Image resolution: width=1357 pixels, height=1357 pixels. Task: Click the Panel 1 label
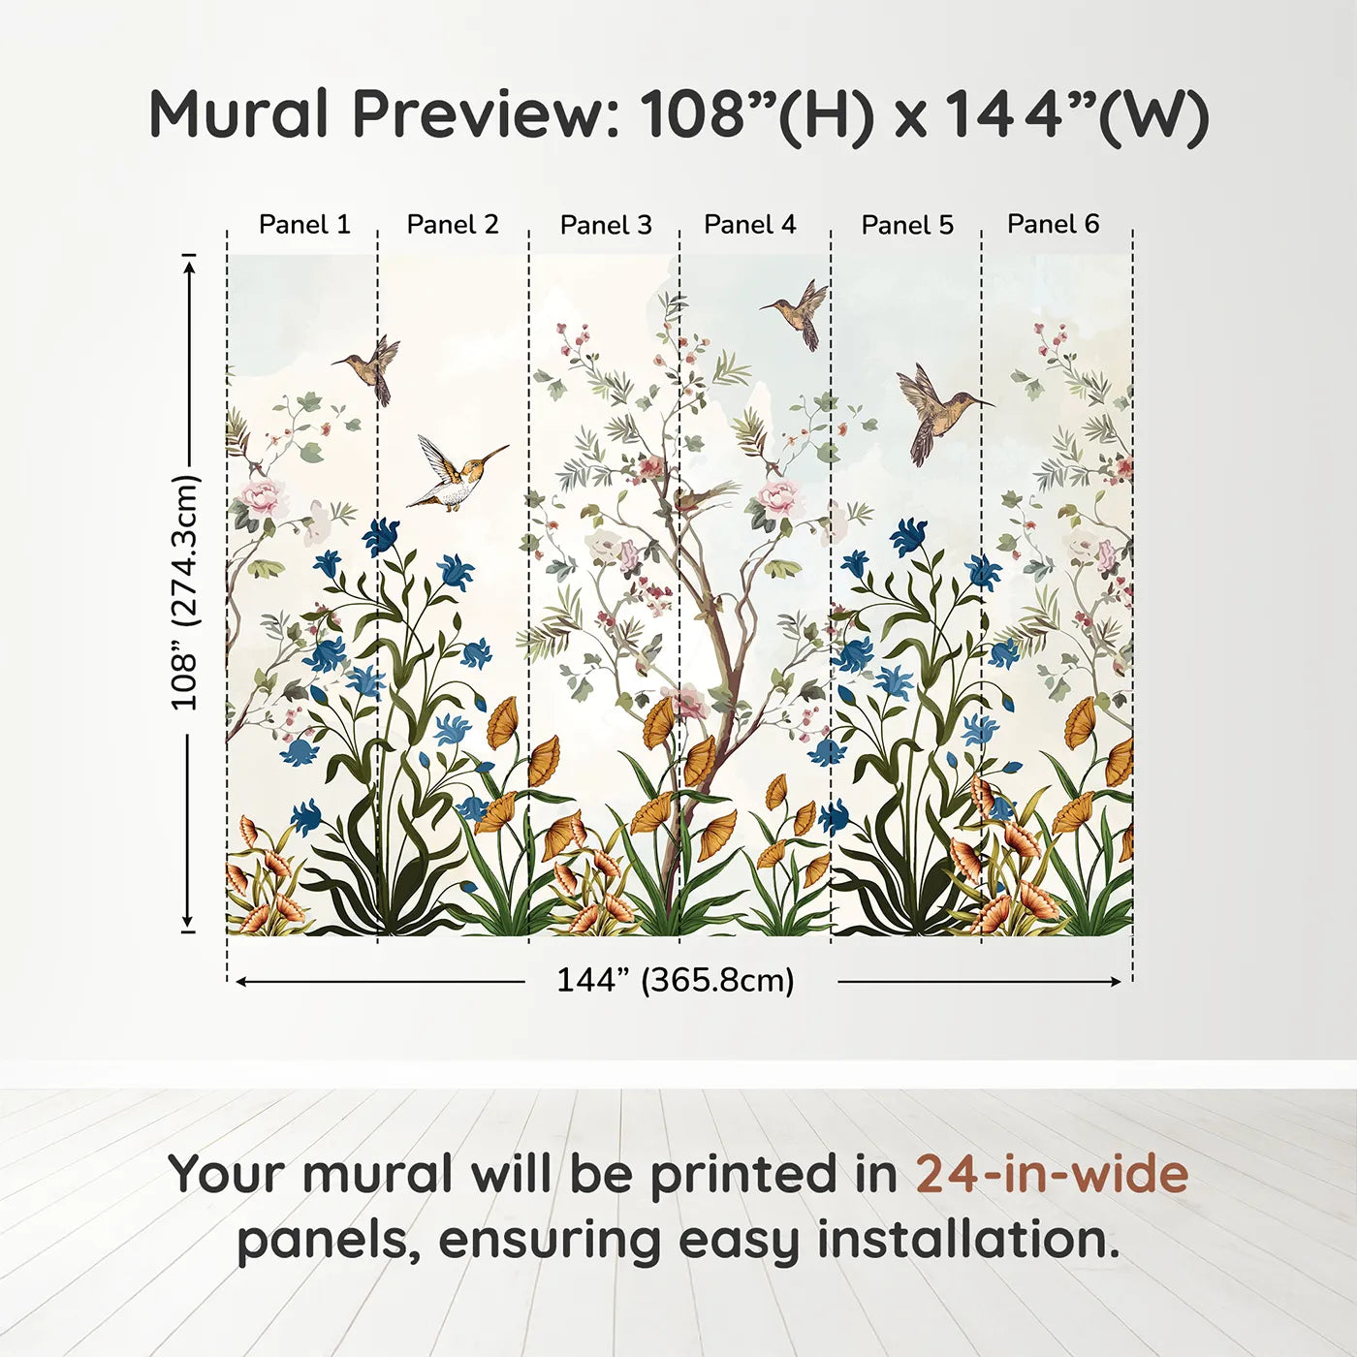pyautogui.click(x=304, y=225)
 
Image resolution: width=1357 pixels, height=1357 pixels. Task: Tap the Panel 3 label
pyautogui.click(x=606, y=226)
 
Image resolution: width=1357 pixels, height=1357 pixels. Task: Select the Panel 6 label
pyautogui.click(x=1053, y=225)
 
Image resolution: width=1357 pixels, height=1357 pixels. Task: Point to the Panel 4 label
pyautogui.click(x=749, y=225)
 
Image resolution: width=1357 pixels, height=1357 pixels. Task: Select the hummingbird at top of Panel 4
pyautogui.click(x=801, y=310)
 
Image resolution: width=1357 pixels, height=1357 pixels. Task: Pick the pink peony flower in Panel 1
pyautogui.click(x=264, y=497)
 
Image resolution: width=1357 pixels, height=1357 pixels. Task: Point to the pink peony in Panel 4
pyautogui.click(x=778, y=497)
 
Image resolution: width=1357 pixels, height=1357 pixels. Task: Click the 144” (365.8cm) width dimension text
pyautogui.click(x=675, y=981)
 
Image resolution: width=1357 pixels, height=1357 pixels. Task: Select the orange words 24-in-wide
pyautogui.click(x=1052, y=1175)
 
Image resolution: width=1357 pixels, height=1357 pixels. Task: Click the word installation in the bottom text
pyautogui.click(x=967, y=1241)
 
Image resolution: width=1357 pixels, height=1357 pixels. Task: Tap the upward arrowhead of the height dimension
pyautogui.click(x=189, y=262)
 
